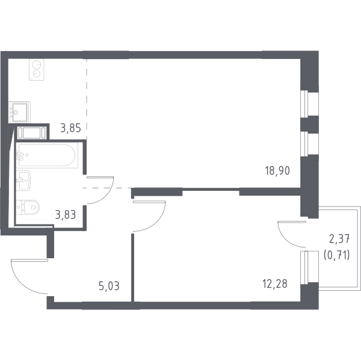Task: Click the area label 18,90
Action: click(277, 171)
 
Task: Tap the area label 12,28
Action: click(275, 284)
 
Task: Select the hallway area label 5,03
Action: click(109, 286)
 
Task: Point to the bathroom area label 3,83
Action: click(66, 215)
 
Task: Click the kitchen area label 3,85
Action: click(70, 128)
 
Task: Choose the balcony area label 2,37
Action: click(339, 238)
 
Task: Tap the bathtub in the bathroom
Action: click(47, 155)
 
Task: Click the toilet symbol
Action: click(28, 207)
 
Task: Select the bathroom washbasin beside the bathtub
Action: click(23, 181)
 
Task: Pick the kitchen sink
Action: click(20, 112)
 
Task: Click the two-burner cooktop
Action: click(36, 70)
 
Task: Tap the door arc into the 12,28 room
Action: click(159, 222)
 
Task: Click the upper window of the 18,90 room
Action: click(309, 103)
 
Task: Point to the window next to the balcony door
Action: click(309, 267)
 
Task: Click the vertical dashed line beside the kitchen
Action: click(87, 99)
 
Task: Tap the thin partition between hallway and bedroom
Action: click(132, 268)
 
